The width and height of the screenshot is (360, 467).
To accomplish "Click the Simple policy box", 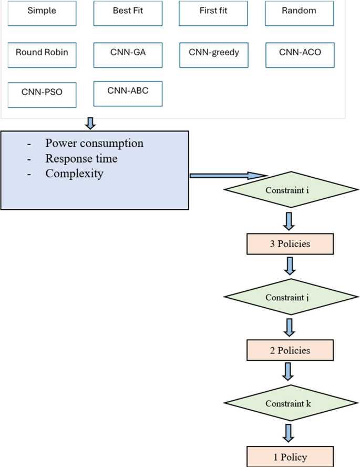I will (43, 13).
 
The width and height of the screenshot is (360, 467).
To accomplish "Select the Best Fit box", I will (128, 13).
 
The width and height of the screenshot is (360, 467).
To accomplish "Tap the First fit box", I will (213, 13).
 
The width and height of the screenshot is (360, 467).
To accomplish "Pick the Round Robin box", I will (42, 54).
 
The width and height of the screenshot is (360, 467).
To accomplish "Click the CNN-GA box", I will (128, 54).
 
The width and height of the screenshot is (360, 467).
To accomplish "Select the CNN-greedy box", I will (213, 54).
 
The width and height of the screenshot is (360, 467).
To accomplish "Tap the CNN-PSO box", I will (42, 94).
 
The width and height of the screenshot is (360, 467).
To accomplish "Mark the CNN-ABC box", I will (128, 93).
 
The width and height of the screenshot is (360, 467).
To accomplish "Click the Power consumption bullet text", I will (94, 144).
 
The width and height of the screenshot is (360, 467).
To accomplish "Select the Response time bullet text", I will (81, 158).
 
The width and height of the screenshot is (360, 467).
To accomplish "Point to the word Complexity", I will (74, 173).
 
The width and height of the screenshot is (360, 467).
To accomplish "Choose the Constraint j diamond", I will (290, 297).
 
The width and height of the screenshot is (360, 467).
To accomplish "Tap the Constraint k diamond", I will (290, 404).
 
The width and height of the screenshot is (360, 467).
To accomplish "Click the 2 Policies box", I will (290, 350).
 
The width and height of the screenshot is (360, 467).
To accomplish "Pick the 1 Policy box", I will (290, 456).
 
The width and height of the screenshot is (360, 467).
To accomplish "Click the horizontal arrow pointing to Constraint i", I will (229, 176).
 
